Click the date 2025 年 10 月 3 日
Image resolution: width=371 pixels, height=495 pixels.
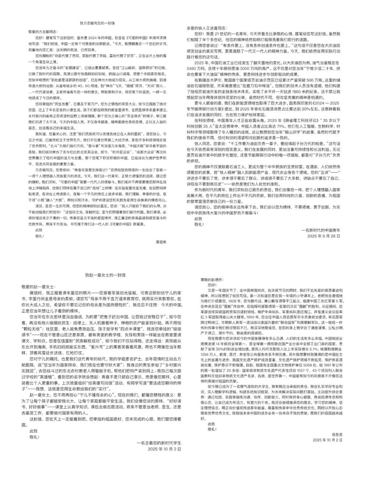[x=164, y=449]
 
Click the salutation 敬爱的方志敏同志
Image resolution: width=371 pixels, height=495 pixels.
[x=42, y=32]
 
